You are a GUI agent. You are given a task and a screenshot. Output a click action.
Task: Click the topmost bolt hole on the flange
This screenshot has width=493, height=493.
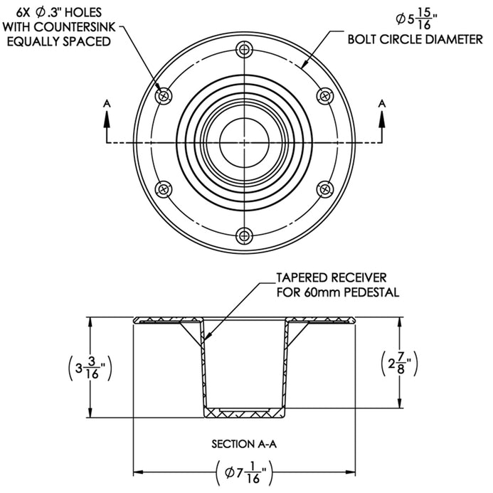point(244,49)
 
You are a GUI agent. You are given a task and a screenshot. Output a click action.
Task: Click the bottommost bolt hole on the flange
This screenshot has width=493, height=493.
point(244,235)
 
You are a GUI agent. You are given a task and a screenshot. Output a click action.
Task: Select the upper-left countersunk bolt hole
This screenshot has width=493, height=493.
point(164,96)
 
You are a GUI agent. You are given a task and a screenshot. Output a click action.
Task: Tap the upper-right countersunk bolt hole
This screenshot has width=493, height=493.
point(325,96)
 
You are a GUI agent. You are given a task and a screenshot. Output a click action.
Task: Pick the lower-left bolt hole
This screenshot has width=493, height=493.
point(164,189)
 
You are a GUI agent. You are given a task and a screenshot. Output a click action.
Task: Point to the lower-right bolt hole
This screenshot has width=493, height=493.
point(325,189)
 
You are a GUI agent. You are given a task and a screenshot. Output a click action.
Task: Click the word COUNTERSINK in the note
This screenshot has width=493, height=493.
point(75,27)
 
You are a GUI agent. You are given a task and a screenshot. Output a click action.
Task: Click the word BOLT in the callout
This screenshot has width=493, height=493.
point(361,40)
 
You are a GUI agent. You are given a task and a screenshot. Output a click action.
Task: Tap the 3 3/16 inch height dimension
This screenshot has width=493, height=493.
point(90,367)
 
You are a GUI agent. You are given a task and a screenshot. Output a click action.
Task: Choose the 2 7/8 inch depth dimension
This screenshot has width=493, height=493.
point(399,364)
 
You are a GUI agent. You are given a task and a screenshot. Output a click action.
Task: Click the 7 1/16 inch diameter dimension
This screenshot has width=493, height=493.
point(245,472)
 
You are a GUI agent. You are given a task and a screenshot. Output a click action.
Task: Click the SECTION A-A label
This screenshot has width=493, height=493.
point(244,444)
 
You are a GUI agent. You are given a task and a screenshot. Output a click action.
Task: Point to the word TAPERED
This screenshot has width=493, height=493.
point(302,277)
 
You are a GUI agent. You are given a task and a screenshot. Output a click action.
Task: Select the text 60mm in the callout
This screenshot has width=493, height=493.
point(322,292)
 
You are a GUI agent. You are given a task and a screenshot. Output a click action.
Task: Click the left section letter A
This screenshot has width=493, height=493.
point(107,103)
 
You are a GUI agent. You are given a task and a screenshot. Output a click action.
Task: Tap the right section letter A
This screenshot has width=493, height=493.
point(382,103)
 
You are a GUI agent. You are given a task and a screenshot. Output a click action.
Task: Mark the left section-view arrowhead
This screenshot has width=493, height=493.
point(107,120)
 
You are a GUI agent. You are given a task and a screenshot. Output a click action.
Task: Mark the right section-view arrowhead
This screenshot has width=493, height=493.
point(382,120)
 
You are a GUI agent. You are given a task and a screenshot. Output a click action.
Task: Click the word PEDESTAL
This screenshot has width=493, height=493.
point(371,292)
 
